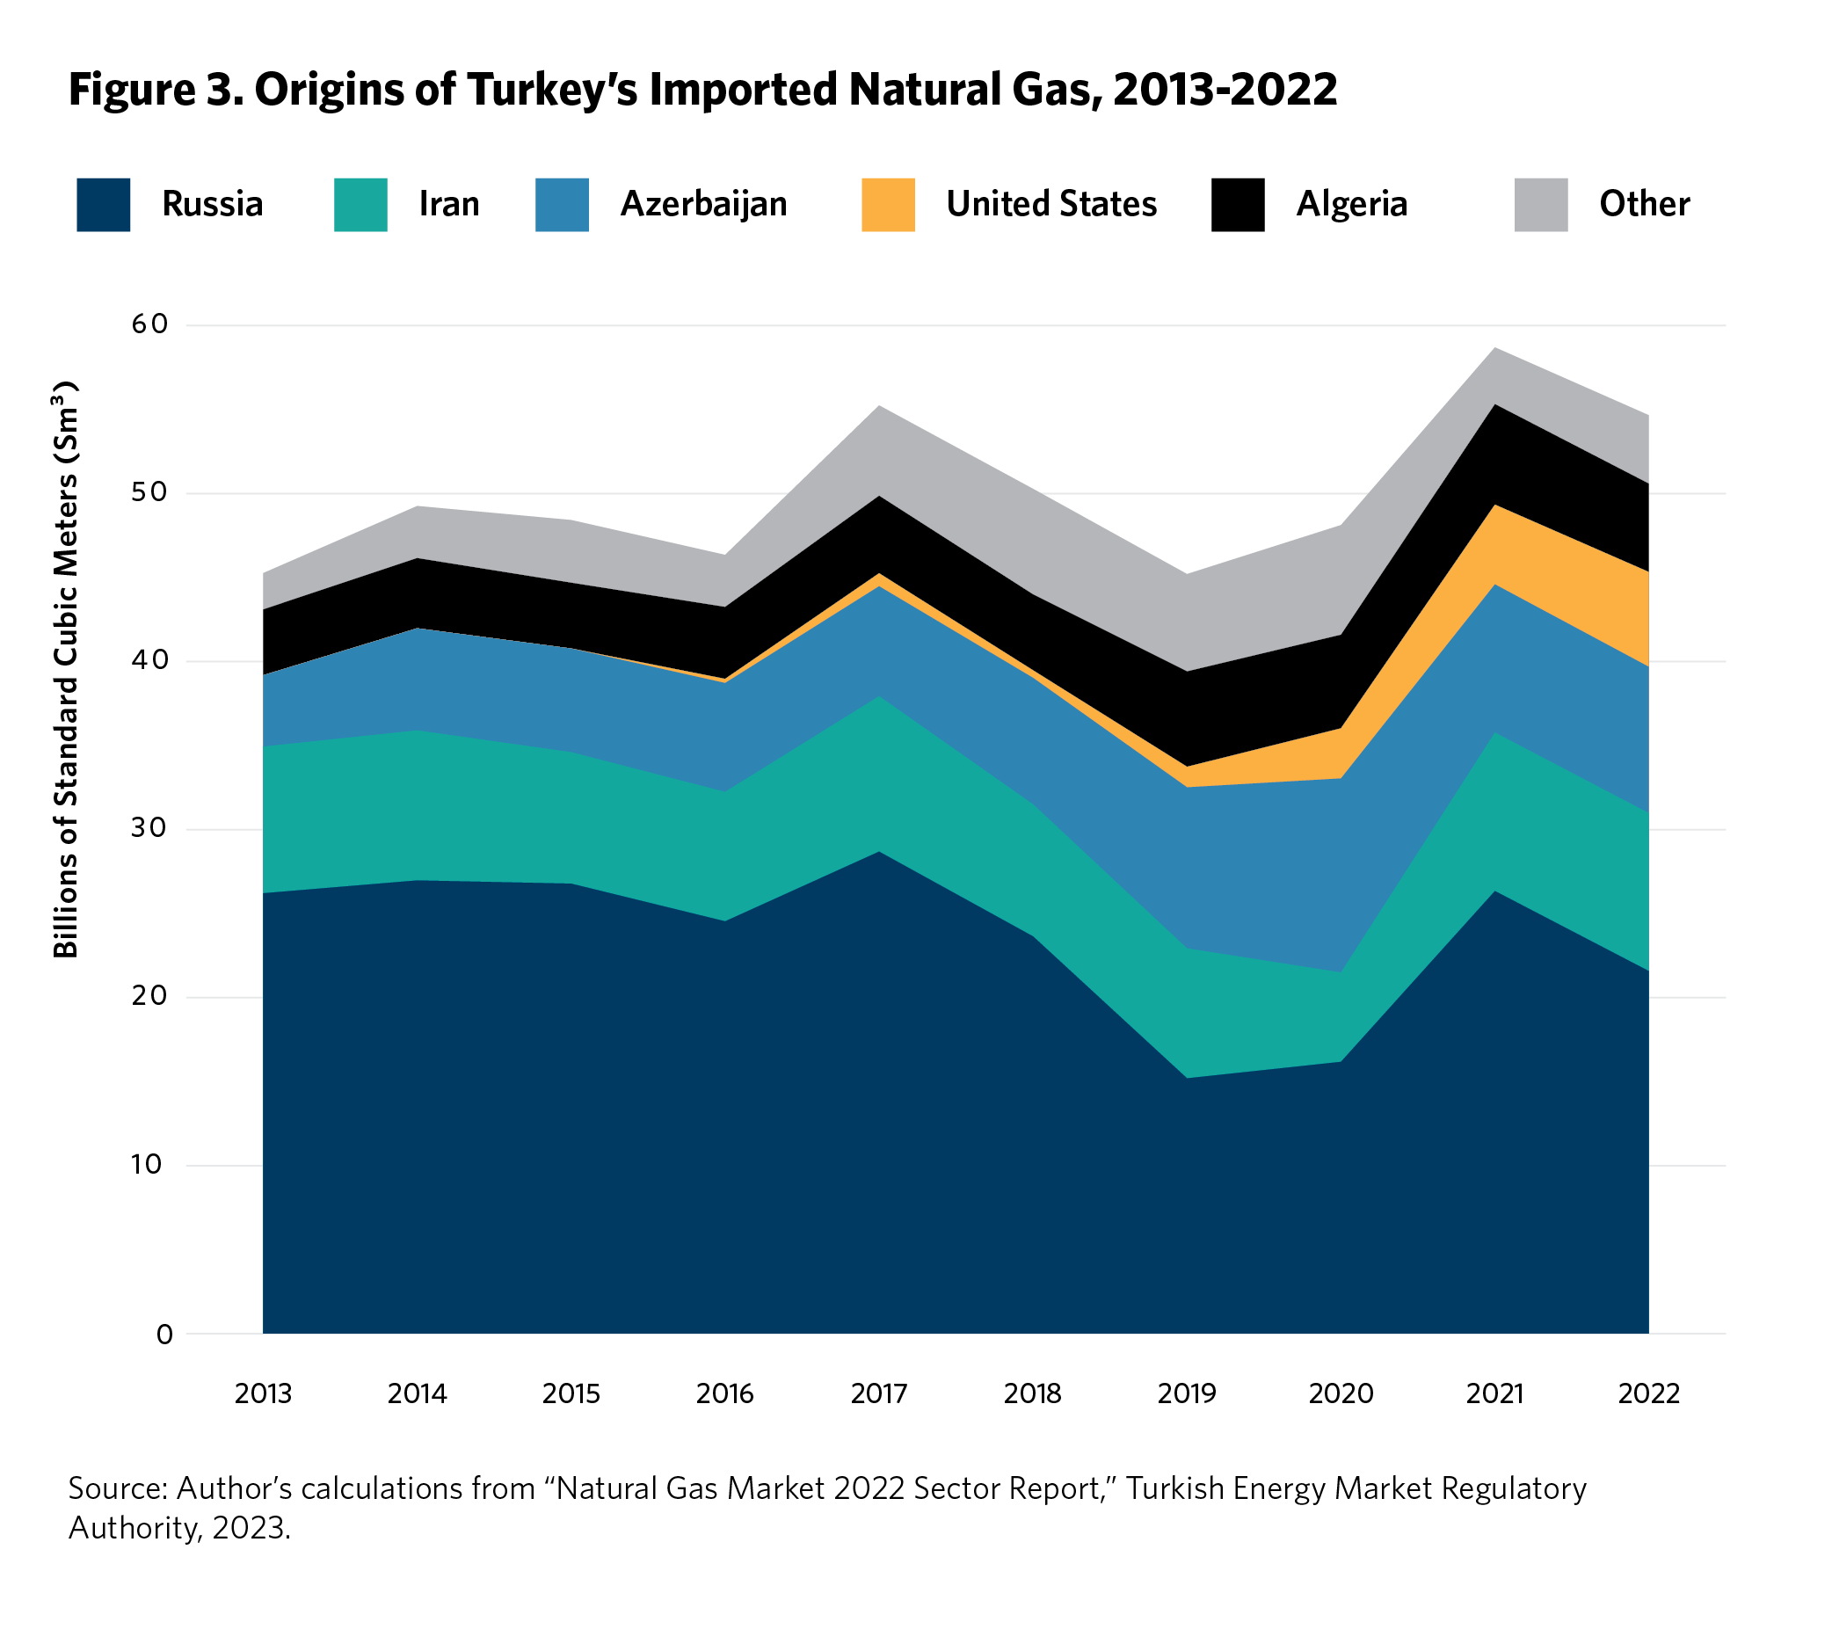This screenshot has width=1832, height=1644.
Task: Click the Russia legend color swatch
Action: (x=103, y=205)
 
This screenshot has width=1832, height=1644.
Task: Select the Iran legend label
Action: (x=449, y=204)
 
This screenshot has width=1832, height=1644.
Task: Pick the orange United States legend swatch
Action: (x=887, y=205)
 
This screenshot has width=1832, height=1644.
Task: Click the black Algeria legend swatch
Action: (x=1237, y=205)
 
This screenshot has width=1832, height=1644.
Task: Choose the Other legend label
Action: (x=1643, y=204)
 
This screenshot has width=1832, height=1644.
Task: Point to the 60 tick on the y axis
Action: (x=150, y=324)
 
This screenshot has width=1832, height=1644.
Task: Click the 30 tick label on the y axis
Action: (x=150, y=827)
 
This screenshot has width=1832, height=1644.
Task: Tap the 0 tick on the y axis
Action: (x=164, y=1335)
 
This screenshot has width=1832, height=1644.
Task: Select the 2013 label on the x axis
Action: (x=263, y=1393)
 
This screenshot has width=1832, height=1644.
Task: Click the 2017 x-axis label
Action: (x=879, y=1393)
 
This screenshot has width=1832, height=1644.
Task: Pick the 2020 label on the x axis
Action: (x=1341, y=1393)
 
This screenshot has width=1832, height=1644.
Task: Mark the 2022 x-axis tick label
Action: (x=1648, y=1393)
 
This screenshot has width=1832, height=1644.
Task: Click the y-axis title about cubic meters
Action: (x=66, y=669)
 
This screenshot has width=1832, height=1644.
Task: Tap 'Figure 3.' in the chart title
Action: (x=156, y=91)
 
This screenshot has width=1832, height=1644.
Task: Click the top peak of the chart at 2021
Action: (x=1495, y=349)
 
